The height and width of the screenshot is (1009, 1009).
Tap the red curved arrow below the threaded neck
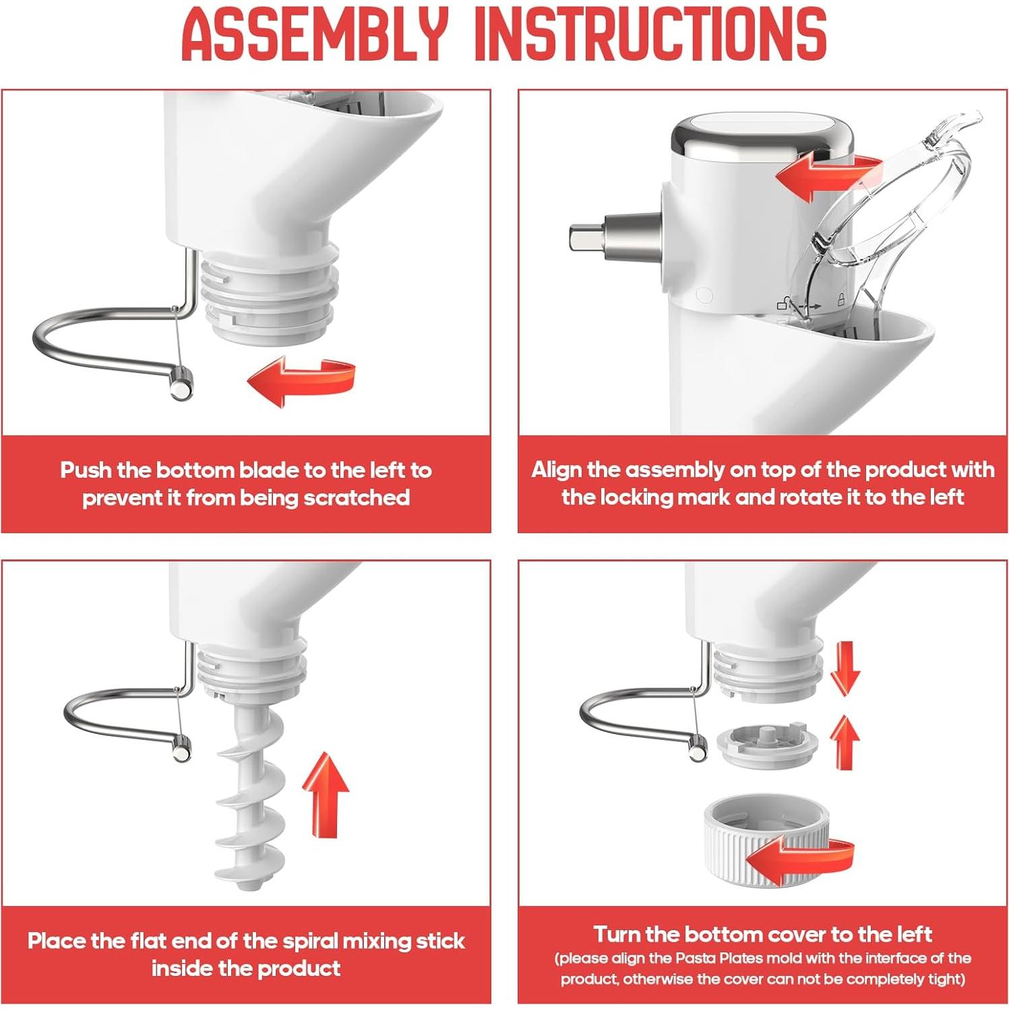click(301, 383)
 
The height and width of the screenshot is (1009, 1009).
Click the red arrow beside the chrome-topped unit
click(828, 176)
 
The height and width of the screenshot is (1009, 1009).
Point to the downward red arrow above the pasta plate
click(845, 667)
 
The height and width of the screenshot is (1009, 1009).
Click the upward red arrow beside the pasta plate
click(845, 741)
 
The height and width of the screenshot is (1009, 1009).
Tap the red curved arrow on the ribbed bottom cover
click(799, 859)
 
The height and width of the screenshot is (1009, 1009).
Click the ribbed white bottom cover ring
click(766, 841)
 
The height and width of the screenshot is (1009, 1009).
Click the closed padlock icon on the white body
click(841, 299)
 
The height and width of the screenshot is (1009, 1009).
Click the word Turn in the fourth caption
click(616, 934)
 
